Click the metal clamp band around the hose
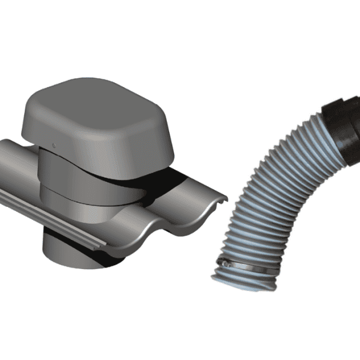(x=246, y=265)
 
